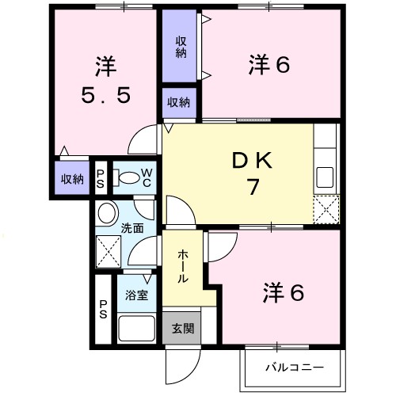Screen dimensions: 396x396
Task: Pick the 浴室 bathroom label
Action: [x=136, y=295]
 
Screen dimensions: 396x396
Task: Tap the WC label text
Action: [x=147, y=177]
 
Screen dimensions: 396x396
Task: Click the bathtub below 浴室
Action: [x=136, y=328]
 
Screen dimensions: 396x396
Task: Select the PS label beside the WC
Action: [x=101, y=177]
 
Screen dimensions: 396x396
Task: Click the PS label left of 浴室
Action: [x=104, y=307]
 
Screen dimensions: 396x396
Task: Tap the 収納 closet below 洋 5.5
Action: [x=72, y=179]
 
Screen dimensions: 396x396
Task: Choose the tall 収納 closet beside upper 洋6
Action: [x=181, y=47]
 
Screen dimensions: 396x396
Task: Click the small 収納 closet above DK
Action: [x=178, y=101]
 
